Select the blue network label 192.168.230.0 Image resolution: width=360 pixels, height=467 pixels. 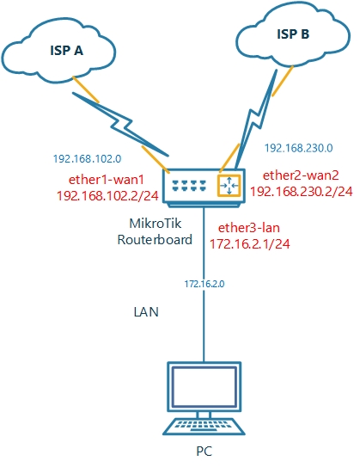[x=300, y=147]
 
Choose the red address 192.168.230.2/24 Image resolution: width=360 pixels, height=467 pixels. [x=301, y=191]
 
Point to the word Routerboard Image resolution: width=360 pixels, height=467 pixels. [x=155, y=240]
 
